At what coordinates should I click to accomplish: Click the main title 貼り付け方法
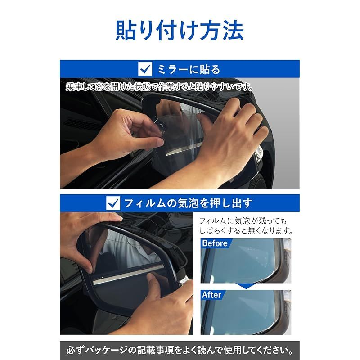[x=180, y=30]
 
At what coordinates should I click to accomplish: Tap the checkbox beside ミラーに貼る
[x=145, y=69]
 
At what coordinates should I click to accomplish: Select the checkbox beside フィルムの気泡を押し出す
[x=113, y=203]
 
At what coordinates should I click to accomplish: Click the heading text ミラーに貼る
[x=189, y=69]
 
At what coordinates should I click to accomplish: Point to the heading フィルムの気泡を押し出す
[x=188, y=203]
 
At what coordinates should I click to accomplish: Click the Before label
[x=215, y=243]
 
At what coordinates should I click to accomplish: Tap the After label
[x=211, y=295]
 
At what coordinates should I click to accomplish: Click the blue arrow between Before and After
[x=246, y=286]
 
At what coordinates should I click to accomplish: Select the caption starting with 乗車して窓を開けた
[x=160, y=87]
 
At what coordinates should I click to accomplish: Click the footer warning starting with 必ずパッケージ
[x=180, y=350]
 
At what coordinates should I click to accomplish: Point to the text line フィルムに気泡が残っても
[x=243, y=221]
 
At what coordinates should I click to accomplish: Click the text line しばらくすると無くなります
[x=246, y=230]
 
